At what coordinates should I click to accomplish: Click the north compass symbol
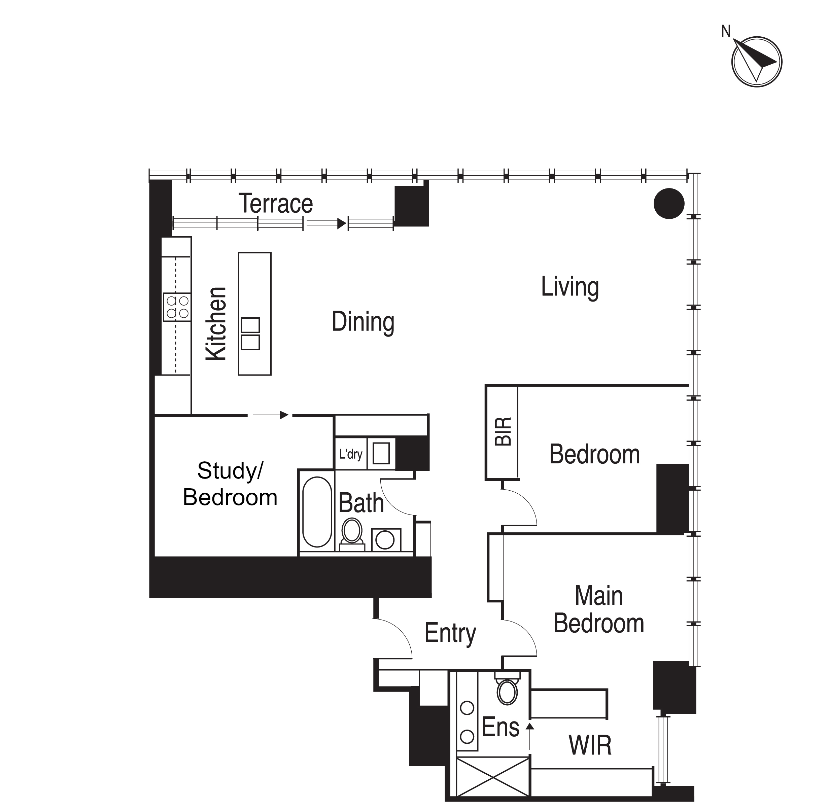click(x=756, y=61)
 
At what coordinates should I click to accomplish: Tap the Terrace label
click(x=276, y=204)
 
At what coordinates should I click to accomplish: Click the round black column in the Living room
click(x=669, y=204)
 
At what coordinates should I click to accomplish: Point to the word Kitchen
click(x=216, y=324)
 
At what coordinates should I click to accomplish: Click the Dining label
click(x=363, y=322)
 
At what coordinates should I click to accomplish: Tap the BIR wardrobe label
click(x=503, y=431)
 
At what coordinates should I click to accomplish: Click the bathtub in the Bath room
click(x=317, y=512)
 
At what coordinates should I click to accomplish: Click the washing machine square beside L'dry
click(x=381, y=453)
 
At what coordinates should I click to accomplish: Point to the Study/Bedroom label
click(x=230, y=484)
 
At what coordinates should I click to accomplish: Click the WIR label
click(x=590, y=745)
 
